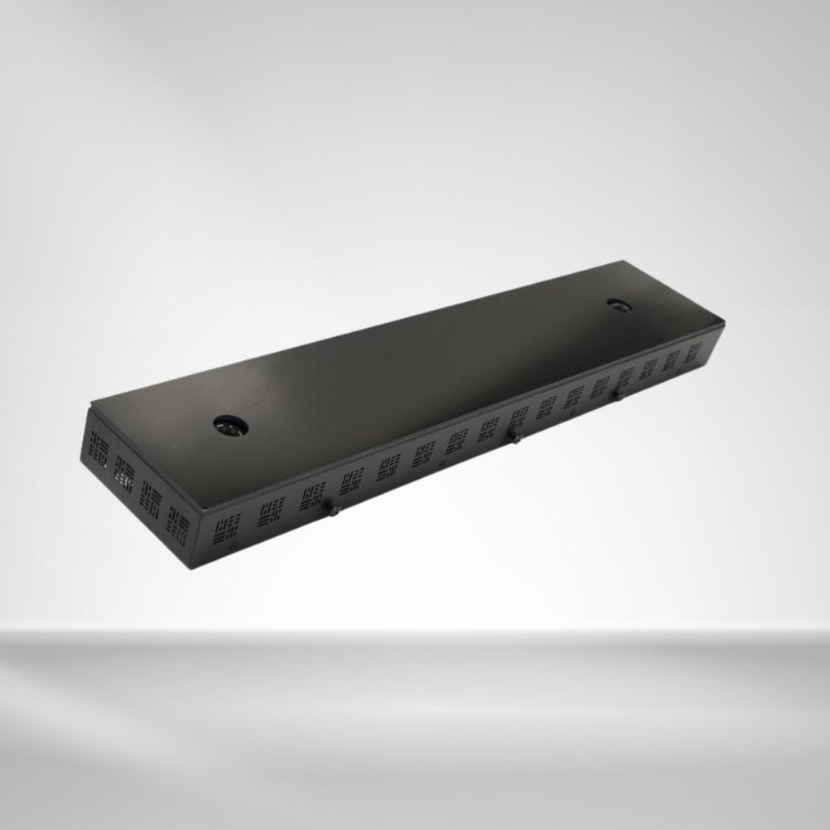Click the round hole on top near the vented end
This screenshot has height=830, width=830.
point(231,426)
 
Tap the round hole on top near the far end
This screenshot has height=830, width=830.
point(619,306)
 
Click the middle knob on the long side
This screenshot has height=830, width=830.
point(515,437)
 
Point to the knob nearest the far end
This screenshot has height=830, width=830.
point(618,394)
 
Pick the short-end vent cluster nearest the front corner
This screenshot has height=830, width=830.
point(178,525)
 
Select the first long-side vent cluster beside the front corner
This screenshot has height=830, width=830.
point(227,526)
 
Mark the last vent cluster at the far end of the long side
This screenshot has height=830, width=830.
point(693,351)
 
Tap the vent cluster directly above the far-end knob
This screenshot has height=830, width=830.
point(624,375)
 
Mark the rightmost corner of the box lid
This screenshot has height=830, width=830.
point(724,322)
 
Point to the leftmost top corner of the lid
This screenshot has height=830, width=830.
point(90,406)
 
